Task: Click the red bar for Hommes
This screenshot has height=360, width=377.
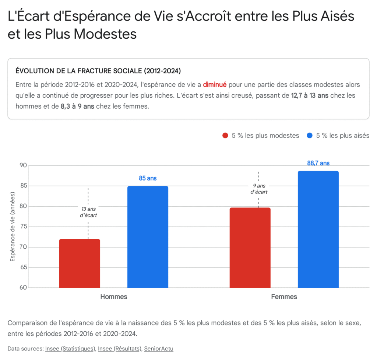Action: (80, 263)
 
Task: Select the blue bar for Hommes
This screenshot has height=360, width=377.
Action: (148, 237)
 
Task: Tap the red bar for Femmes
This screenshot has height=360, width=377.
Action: (250, 248)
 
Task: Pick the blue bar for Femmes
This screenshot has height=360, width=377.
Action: (318, 229)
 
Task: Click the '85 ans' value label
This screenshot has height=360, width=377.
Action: (148, 178)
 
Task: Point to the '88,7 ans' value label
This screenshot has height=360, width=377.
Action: (318, 163)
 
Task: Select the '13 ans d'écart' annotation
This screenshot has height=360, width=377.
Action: (88, 212)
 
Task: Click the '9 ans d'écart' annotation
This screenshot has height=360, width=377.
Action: (259, 189)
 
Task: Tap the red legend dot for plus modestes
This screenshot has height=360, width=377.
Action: (226, 136)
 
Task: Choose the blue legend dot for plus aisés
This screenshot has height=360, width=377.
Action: (310, 136)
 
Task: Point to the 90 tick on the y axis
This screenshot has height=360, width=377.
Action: (23, 165)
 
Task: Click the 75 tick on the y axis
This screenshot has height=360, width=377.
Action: (23, 227)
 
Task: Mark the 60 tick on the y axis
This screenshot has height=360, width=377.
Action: (23, 288)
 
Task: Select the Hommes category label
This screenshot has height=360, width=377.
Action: (114, 297)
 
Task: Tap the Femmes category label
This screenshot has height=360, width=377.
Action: (284, 297)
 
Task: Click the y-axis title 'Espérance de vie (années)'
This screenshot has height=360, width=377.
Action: (13, 227)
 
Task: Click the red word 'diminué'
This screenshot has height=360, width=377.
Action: (215, 84)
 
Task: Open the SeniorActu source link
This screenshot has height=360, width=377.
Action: (159, 348)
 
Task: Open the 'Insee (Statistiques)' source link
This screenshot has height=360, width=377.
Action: (70, 348)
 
